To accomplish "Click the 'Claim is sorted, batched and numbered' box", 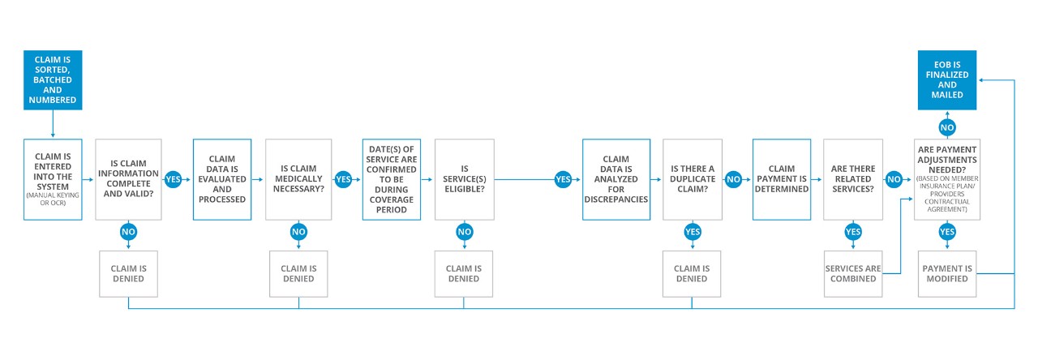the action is [53, 80].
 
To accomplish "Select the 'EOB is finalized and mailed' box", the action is [946, 80].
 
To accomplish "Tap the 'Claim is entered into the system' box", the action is [53, 179].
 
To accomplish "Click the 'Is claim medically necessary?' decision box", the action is [298, 179].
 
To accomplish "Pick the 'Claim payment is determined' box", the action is [782, 179].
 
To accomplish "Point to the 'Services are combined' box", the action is [853, 274].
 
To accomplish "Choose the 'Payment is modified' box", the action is [947, 274].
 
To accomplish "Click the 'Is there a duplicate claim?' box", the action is [693, 179].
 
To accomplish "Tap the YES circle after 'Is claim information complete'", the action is [173, 179].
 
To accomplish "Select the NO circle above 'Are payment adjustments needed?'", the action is [947, 127].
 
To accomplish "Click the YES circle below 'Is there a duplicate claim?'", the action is [693, 232].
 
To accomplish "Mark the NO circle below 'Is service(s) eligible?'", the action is [465, 232].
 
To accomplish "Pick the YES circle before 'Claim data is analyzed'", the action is [563, 179].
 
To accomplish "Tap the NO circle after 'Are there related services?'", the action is [894, 179].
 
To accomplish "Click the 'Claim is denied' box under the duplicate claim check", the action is [692, 274].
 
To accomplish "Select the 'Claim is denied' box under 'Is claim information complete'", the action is [128, 274].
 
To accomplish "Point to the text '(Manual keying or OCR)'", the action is [53, 199].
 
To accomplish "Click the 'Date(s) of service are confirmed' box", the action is [392, 179].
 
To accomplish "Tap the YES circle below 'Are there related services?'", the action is [853, 232].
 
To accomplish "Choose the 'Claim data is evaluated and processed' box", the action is [222, 179].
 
